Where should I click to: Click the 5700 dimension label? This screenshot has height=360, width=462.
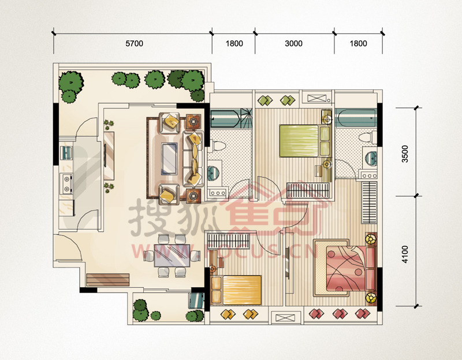click(x=135, y=44)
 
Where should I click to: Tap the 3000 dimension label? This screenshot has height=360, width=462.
click(x=294, y=44)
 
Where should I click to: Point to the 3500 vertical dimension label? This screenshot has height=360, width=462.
click(x=405, y=153)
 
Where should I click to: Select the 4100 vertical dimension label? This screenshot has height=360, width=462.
click(x=405, y=254)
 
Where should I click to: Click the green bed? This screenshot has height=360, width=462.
click(x=305, y=141)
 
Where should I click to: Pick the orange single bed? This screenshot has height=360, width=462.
click(x=236, y=290)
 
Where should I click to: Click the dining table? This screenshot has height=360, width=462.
click(x=172, y=256)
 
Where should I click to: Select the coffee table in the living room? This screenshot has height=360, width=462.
click(x=169, y=158)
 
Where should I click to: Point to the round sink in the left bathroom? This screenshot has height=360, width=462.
click(x=213, y=174)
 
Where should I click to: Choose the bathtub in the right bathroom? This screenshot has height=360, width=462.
click(x=356, y=118)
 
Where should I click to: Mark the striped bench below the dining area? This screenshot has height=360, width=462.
click(x=108, y=280)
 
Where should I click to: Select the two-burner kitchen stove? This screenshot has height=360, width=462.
click(x=67, y=183)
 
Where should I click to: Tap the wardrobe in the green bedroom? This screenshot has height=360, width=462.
click(x=308, y=190)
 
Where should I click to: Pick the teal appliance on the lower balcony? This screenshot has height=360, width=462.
click(x=196, y=301)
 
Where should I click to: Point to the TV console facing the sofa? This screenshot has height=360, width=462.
click(x=109, y=156)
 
